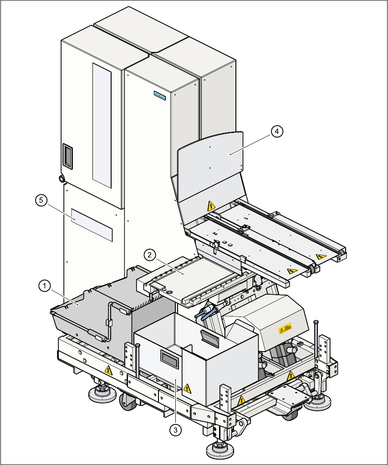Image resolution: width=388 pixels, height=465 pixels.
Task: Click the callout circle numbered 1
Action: [44, 286]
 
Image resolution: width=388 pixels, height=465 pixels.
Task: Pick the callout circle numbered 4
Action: [277, 131]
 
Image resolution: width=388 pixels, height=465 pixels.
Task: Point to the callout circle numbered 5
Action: [41, 200]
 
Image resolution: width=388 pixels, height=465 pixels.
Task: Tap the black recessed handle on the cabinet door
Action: [67, 155]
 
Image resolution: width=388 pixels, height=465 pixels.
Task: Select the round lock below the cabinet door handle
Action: [61, 178]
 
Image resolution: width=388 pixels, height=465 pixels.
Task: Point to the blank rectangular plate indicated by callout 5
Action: [92, 225]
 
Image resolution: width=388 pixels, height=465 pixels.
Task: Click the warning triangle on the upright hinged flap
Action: [211, 206]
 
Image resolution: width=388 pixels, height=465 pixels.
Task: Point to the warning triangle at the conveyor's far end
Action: [321, 256]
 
